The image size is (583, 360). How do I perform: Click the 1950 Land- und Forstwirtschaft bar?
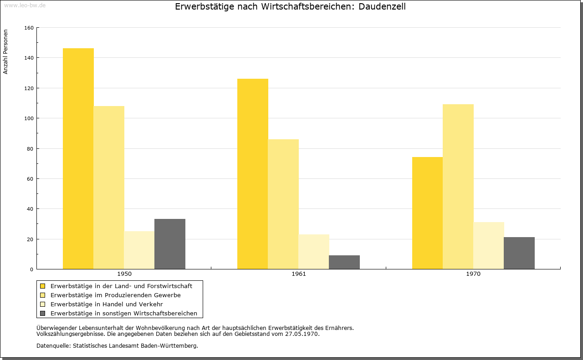tap(78, 159)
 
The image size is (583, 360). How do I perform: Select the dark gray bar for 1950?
tap(170, 244)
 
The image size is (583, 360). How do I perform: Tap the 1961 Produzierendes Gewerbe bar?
tap(283, 204)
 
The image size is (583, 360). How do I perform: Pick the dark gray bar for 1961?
tap(344, 262)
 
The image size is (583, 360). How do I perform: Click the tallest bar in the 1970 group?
tap(458, 187)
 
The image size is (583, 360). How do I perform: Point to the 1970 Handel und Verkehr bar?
tap(489, 246)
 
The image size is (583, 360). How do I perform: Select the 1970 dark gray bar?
tap(519, 253)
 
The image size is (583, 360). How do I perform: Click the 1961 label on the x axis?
tap(299, 274)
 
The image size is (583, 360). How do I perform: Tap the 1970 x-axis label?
tap(473, 274)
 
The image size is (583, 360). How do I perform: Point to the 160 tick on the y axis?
tap(29, 28)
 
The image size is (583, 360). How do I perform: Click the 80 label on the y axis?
tap(30, 149)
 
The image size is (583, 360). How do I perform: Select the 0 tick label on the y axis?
tap(31, 269)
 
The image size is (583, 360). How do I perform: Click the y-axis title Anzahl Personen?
tap(5, 52)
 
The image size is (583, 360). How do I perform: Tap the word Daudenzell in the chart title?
tap(382, 7)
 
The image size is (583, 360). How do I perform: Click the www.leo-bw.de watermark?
tap(25, 5)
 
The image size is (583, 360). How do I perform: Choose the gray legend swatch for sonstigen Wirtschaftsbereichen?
tap(43, 314)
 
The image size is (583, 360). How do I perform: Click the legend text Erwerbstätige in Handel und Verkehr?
tap(107, 304)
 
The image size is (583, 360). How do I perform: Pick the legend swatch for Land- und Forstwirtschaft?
tap(43, 286)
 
